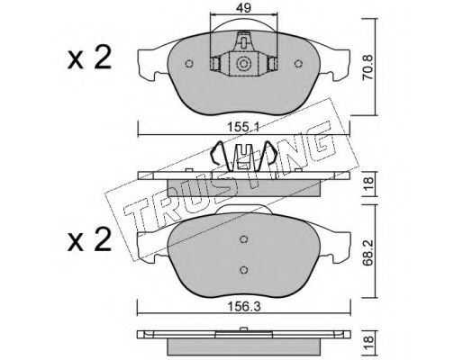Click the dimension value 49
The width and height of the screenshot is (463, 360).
click(243, 8)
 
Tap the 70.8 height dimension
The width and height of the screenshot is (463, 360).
click(368, 67)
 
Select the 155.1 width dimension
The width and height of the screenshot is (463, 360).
click(243, 128)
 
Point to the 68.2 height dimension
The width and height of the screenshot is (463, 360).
click(368, 252)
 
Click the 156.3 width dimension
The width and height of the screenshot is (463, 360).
click(243, 307)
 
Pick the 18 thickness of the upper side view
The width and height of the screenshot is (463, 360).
click(368, 184)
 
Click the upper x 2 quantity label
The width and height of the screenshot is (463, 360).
click(89, 58)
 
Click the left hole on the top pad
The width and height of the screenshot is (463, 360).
click(189, 64)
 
